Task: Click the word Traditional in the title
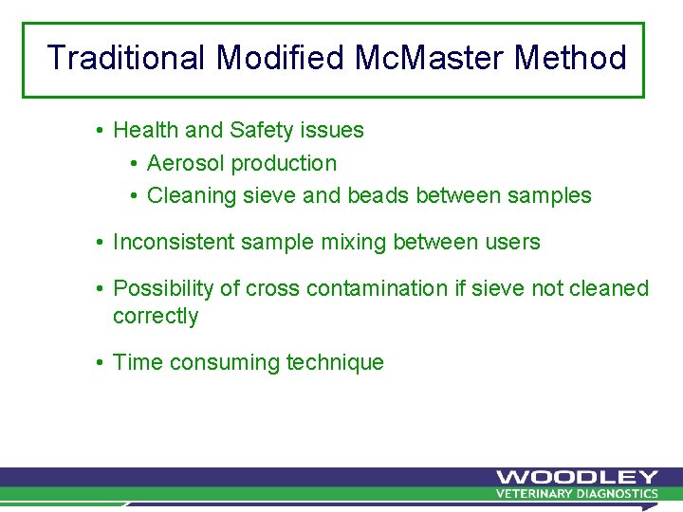127,59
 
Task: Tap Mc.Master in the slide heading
430,59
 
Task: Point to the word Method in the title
570,59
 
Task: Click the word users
512,243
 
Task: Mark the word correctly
156,317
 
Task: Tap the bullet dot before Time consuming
100,363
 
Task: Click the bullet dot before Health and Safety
100,130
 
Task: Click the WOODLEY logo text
576,477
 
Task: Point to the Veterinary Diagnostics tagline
576,494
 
